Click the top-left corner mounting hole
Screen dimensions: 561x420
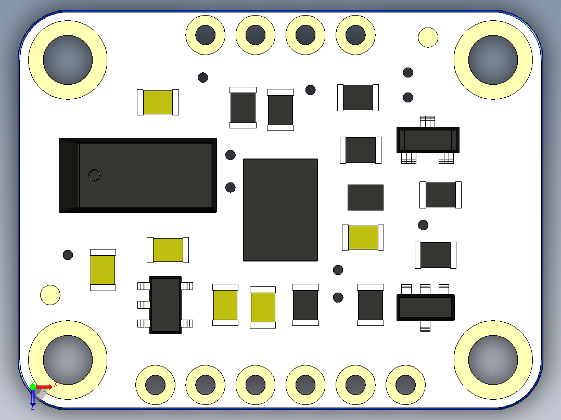[x=68, y=60]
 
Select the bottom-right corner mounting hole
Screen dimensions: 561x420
[x=493, y=360]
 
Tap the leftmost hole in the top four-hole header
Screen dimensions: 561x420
[x=206, y=35]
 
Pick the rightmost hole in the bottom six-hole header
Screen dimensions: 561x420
[x=405, y=385]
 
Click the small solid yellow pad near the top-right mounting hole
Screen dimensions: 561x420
[x=428, y=37]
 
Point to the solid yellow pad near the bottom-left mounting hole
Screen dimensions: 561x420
[x=50, y=295]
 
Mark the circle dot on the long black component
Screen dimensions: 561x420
[x=95, y=175]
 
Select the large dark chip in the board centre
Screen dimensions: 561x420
[x=280, y=210]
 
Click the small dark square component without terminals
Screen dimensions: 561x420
[x=365, y=198]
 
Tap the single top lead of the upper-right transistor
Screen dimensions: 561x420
[x=428, y=121]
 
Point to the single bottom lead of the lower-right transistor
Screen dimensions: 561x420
[x=425, y=326]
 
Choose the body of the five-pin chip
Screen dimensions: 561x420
[x=165, y=305]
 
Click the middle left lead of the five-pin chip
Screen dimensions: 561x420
[x=144, y=305]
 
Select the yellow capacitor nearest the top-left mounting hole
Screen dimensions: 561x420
[x=158, y=102]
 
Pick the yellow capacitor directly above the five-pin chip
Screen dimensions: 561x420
[x=168, y=250]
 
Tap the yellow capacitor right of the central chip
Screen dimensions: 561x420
[x=363, y=238]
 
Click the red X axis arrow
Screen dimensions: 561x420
[x=44, y=387]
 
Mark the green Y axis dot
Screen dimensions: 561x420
[x=33, y=387]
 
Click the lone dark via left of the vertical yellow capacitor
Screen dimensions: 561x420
[x=68, y=255]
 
